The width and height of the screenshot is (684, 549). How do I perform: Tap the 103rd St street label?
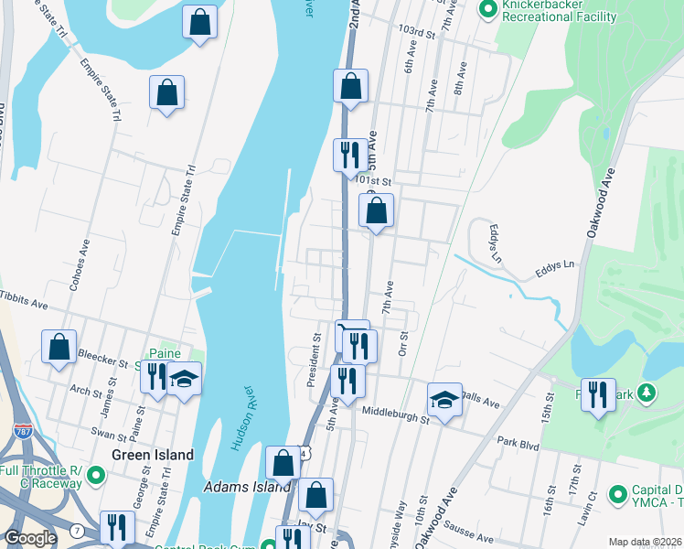[415, 31]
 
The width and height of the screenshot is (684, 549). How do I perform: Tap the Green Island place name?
[153, 455]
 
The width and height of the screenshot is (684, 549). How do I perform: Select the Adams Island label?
[233, 487]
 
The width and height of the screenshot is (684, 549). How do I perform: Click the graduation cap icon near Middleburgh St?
[444, 400]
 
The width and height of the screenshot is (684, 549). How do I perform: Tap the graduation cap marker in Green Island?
[184, 380]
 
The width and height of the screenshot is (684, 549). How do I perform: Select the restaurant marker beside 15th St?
[598, 394]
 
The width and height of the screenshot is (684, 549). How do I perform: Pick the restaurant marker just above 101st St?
[349, 156]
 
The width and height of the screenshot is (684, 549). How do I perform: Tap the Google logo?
[30, 538]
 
